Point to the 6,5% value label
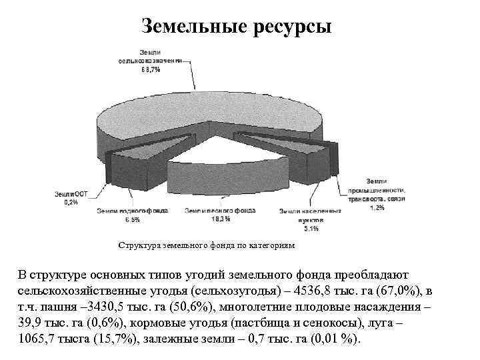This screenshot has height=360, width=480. point(131,219)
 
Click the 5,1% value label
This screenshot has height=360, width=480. point(310,229)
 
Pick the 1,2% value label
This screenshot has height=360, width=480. point(377,208)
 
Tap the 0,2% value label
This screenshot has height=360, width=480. point(70,202)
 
